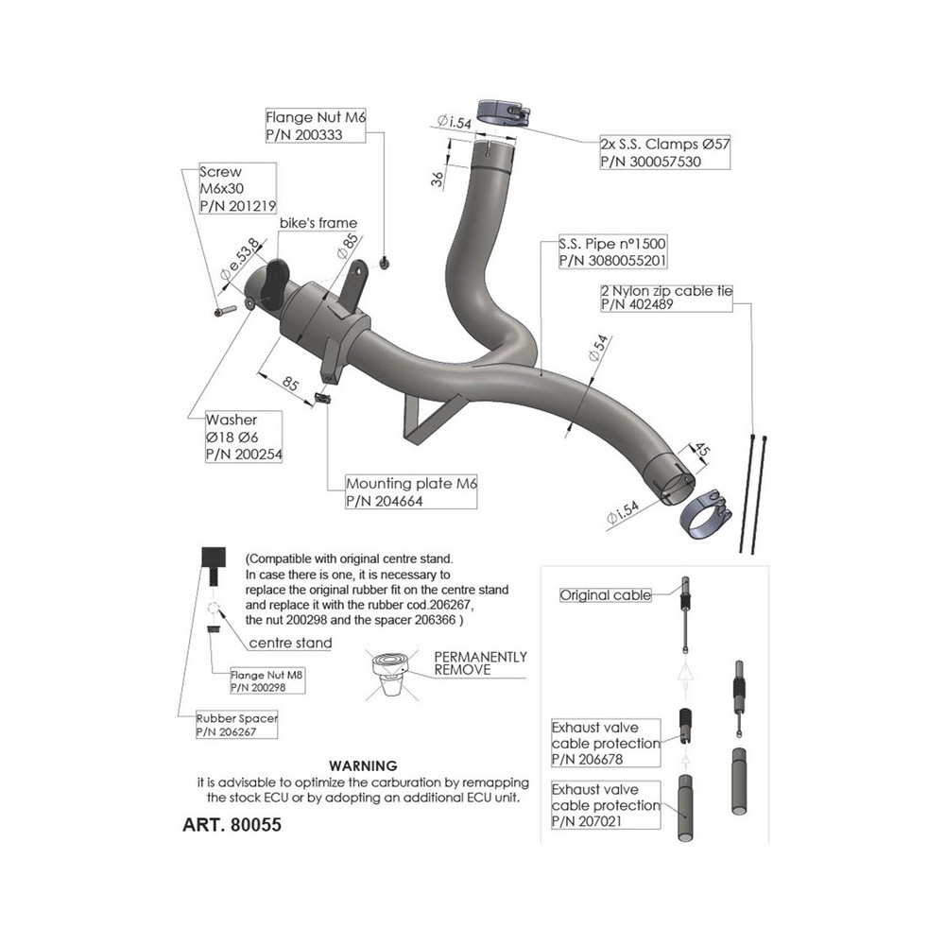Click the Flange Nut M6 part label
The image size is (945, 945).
[315, 119]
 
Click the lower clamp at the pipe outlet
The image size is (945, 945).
[707, 515]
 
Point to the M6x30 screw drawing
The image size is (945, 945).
[223, 310]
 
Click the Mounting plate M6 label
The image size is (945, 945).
[412, 484]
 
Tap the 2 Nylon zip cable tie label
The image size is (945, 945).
[666, 291]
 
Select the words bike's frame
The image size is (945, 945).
[318, 223]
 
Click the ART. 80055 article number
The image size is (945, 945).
[231, 824]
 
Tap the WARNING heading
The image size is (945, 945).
[362, 765]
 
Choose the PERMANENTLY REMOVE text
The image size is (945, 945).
[479, 662]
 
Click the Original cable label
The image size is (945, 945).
[605, 595]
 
